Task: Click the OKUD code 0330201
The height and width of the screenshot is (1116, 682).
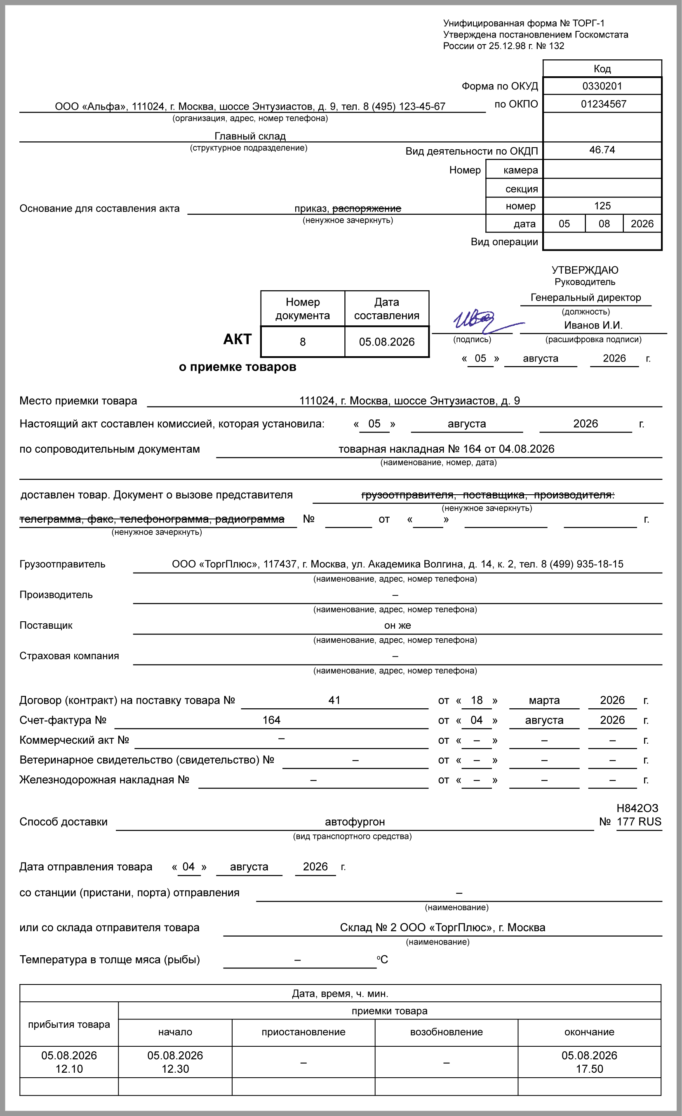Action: tap(602, 86)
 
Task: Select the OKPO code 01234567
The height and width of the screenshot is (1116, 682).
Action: tap(603, 104)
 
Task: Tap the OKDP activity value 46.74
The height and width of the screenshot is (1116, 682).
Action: tap(602, 150)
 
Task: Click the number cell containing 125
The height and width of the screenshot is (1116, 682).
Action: tap(602, 206)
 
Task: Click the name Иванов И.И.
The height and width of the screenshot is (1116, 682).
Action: tap(593, 325)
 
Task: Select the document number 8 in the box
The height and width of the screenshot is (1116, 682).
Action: tap(303, 342)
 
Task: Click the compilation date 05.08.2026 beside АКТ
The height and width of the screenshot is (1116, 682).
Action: tap(386, 342)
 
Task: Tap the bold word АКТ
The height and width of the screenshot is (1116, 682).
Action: tap(237, 339)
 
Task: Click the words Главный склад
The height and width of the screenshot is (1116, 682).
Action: tap(250, 136)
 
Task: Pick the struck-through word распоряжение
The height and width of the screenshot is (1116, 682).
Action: tap(367, 208)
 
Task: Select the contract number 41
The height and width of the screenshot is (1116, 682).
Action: tap(334, 700)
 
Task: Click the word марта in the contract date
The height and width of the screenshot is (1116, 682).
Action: tap(544, 701)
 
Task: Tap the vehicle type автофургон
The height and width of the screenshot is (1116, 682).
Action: tap(355, 822)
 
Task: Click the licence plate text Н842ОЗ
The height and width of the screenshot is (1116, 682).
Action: tap(637, 808)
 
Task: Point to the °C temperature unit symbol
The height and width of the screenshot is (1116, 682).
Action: tap(382, 959)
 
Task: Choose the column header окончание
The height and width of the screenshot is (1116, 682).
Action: tap(589, 1032)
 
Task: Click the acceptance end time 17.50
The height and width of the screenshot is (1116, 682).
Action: tap(589, 1069)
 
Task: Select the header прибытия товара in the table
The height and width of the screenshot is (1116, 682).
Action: tap(69, 1024)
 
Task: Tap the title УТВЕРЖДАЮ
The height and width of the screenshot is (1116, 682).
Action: tap(585, 270)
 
